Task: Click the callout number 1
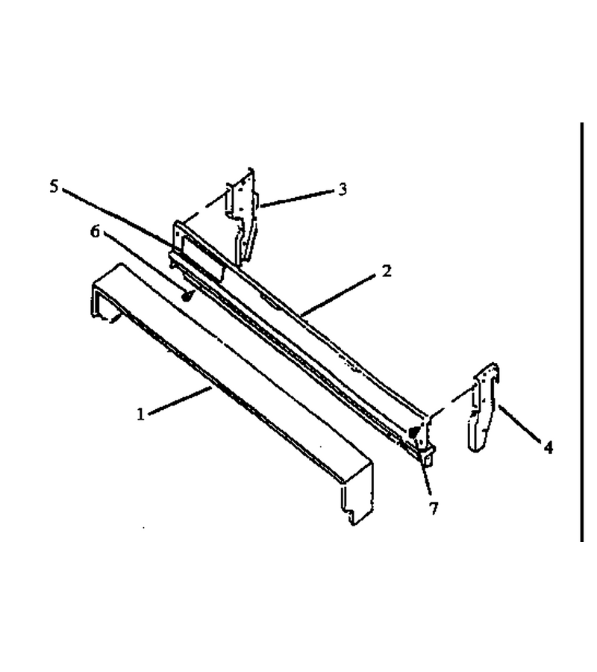(140, 414)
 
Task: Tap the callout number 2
(387, 271)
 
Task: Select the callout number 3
(343, 190)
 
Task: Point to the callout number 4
(548, 447)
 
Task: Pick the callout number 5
(54, 187)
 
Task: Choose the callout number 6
(95, 231)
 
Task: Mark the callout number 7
(434, 508)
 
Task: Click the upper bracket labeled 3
(243, 219)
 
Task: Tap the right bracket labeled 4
(484, 407)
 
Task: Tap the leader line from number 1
(180, 401)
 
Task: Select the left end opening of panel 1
(103, 302)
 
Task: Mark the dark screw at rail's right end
(413, 432)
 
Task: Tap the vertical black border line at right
(582, 332)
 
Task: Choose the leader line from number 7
(427, 482)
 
